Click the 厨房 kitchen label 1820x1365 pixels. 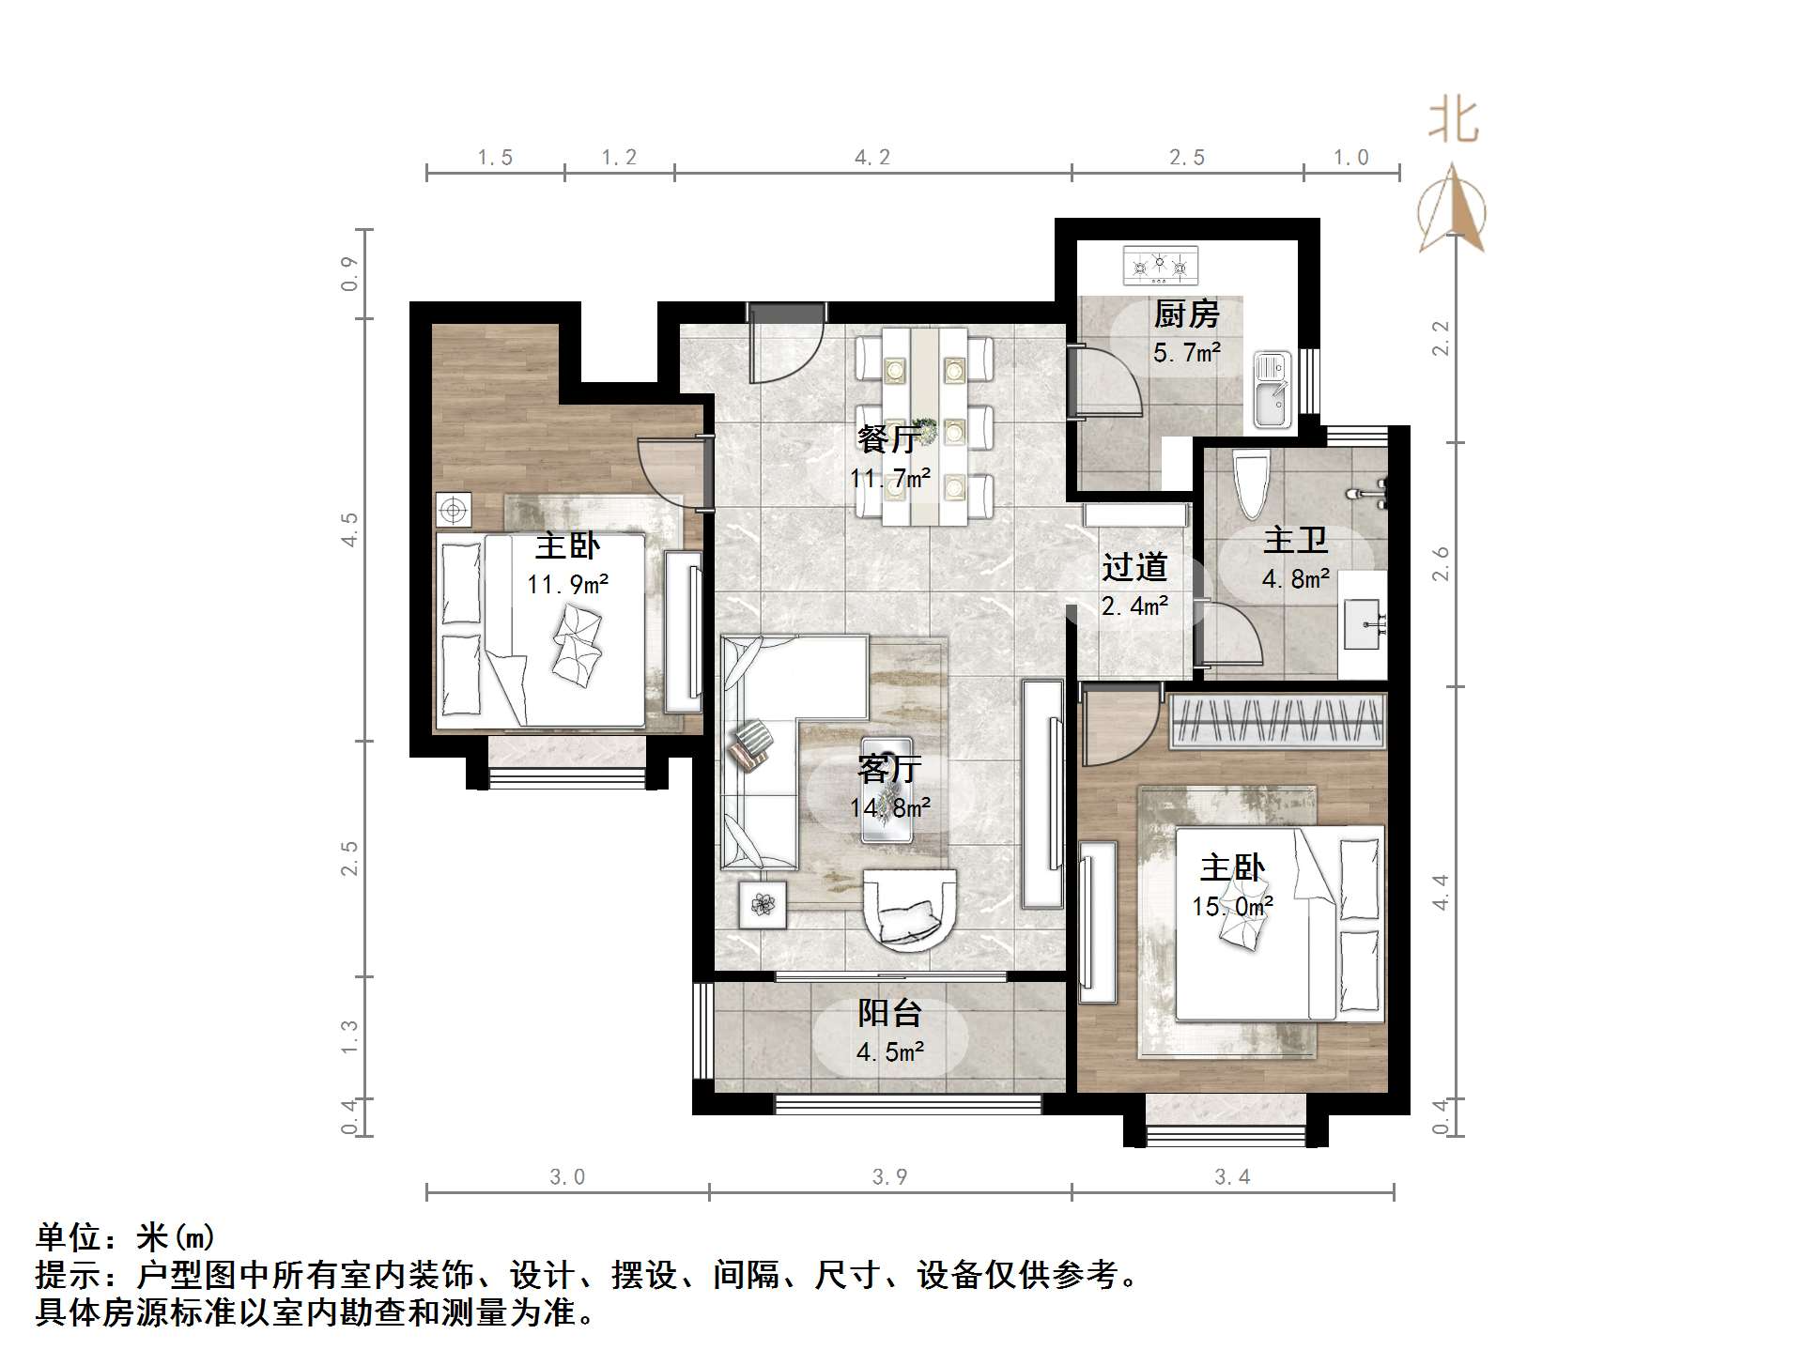[1186, 314]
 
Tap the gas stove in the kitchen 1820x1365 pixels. [1161, 265]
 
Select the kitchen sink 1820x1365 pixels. [1272, 390]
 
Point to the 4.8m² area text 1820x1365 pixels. [1295, 579]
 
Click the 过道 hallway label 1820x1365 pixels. [1134, 567]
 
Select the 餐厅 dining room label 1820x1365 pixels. [887, 439]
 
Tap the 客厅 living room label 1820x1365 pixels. [889, 769]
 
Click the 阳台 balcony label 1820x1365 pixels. [889, 1012]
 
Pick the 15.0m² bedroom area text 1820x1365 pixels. [1232, 907]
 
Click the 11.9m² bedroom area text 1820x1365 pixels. [567, 585]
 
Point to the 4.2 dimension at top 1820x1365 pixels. [872, 158]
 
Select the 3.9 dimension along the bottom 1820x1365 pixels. [889, 1177]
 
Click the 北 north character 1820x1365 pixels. [1453, 122]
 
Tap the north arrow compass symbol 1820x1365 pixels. [1452, 210]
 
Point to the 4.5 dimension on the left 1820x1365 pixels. [349, 529]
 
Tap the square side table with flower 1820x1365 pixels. [762, 905]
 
